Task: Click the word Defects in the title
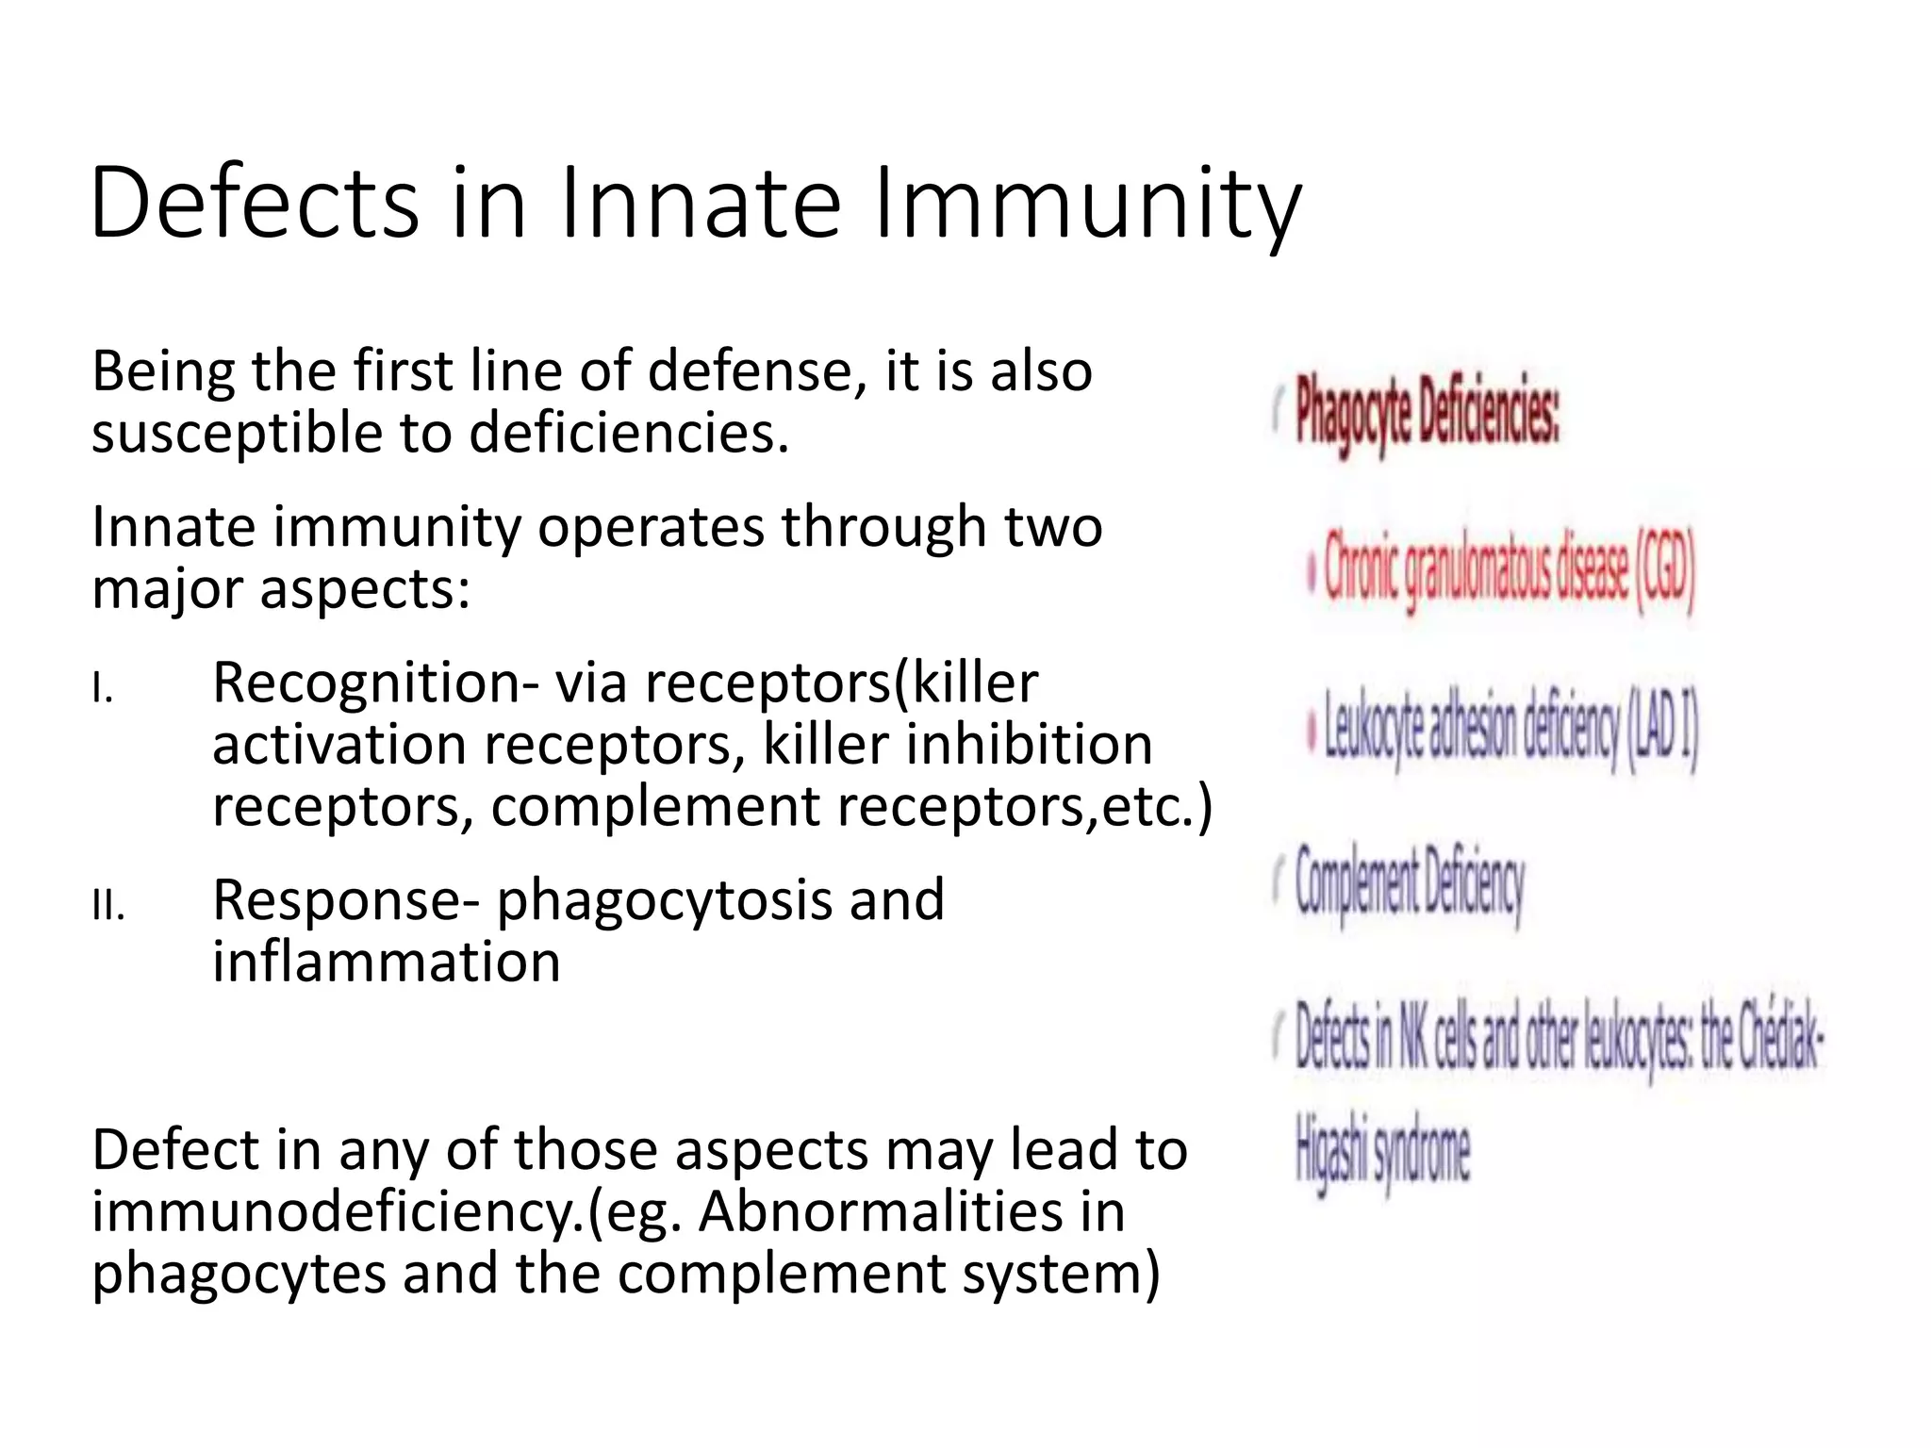(255, 203)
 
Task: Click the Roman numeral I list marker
(103, 690)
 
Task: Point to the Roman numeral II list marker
(108, 907)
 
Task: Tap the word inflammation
(387, 962)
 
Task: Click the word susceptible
(236, 434)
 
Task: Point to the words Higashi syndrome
(1382, 1154)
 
